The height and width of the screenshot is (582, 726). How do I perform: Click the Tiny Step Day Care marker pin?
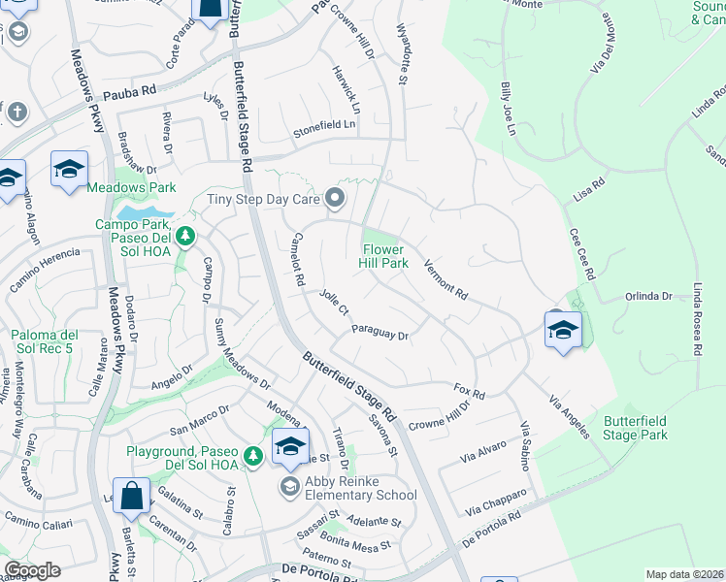pos(336,199)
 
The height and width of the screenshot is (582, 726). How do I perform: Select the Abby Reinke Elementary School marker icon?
pos(289,486)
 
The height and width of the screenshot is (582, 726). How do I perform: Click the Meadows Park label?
pos(131,187)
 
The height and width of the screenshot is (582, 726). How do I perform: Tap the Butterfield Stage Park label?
pos(636,428)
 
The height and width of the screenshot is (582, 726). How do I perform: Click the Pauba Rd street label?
pos(130,92)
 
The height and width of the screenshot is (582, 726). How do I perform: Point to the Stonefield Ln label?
pos(325,125)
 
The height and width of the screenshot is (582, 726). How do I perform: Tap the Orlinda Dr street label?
pos(648,296)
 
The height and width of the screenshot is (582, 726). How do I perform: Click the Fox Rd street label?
pos(469,392)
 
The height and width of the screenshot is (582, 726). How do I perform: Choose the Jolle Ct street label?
pos(334,303)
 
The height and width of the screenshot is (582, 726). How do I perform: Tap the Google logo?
pos(33,570)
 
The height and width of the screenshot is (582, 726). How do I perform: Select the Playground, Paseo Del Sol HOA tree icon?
pos(253,455)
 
